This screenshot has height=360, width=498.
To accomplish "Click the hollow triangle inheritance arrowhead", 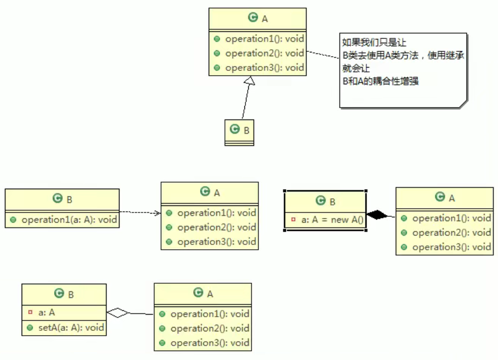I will tap(249, 81).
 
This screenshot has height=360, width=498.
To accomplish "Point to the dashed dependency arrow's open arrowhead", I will tap(157, 213).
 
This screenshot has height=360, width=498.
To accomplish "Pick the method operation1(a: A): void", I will tap(69, 220).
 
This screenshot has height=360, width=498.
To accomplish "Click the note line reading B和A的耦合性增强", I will tap(381, 82).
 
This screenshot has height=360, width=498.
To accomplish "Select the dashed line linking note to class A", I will tap(323, 57).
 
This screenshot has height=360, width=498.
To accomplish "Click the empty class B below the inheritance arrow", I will tap(240, 132).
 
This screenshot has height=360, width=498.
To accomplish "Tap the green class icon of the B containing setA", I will tap(59, 294).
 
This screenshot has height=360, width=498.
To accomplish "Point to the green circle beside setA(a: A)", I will tap(30, 327).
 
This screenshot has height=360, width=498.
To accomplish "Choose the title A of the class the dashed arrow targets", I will tap(217, 192).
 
